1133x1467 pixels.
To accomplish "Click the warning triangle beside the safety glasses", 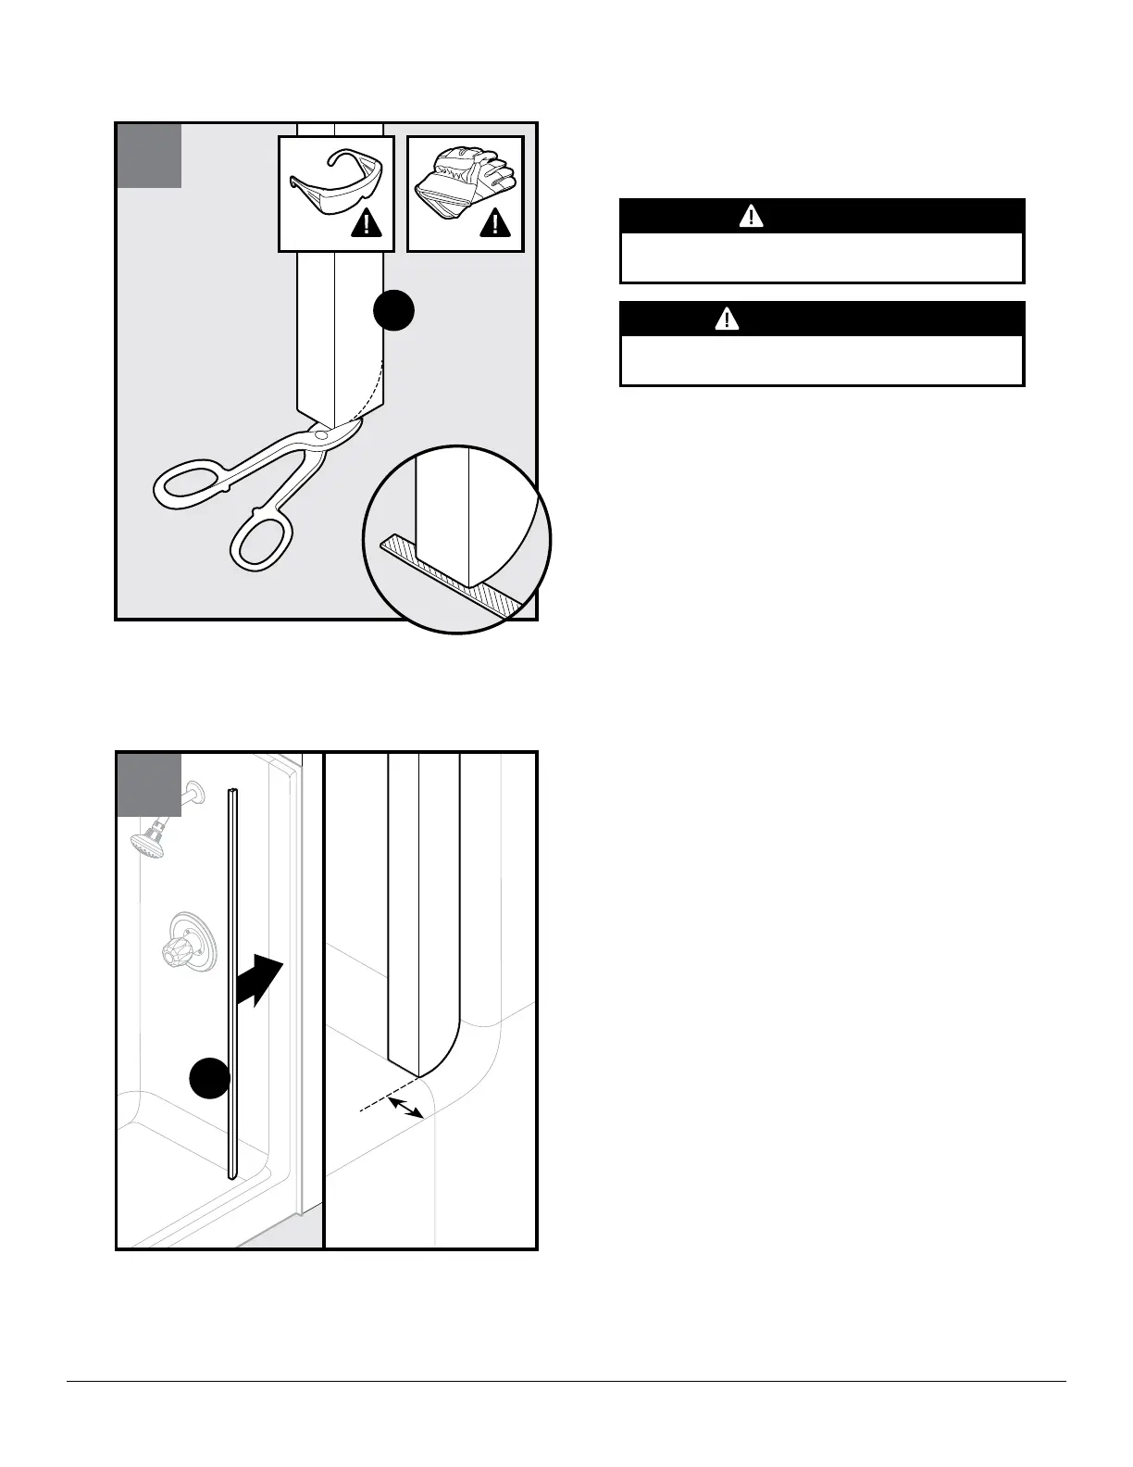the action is click(x=367, y=223).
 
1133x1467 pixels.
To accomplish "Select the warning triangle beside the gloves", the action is click(x=496, y=223).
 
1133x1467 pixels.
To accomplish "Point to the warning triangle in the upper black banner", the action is click(x=751, y=217).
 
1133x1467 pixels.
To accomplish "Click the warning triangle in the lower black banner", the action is click(x=728, y=320).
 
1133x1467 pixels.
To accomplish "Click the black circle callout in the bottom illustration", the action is click(x=210, y=1078).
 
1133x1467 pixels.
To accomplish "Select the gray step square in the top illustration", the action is click(x=149, y=156).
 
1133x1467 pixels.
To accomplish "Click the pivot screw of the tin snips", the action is click(x=319, y=433).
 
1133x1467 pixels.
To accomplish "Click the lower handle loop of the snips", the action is click(x=263, y=538).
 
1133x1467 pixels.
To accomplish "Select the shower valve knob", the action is click(x=181, y=949).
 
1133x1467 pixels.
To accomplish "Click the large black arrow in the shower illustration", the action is click(x=258, y=981).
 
